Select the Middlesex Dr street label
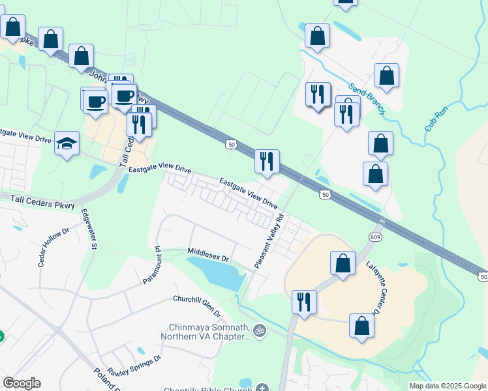pyautogui.click(x=208, y=254)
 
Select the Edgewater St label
pyautogui.click(x=88, y=229)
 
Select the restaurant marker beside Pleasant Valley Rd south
pyautogui.click(x=303, y=302)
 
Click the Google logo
pyautogui.click(x=21, y=383)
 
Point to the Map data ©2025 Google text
pyautogui.click(x=447, y=386)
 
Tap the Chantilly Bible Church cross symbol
pyautogui.click(x=262, y=389)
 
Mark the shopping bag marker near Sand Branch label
pyautogui.click(x=386, y=76)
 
